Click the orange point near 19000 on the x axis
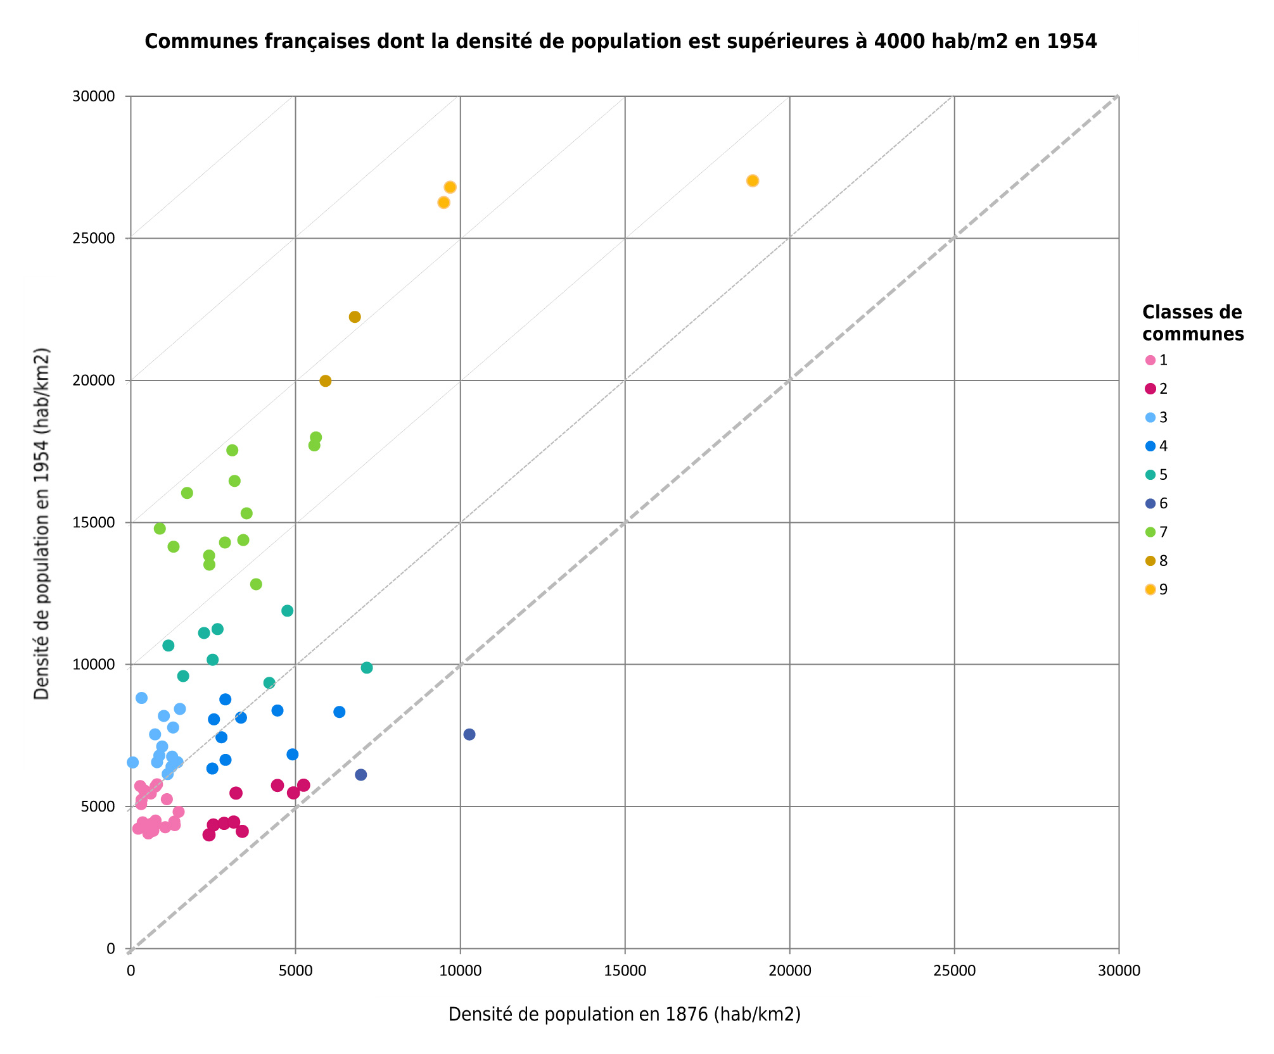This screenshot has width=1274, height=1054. tap(753, 181)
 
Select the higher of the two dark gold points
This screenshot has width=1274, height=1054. tap(355, 317)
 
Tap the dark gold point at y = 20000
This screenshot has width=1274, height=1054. tap(326, 381)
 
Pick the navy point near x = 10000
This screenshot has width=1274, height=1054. tap(469, 734)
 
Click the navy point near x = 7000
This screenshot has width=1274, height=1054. tap(361, 775)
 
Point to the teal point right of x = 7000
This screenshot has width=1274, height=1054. tap(367, 668)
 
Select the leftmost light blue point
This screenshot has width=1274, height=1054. tap(132, 762)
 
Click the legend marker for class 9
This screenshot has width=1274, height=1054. tap(1150, 590)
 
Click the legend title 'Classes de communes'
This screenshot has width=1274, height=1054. tap(1192, 323)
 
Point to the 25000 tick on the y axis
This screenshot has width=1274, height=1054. tap(97, 239)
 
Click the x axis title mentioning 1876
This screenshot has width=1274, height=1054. tap(624, 1014)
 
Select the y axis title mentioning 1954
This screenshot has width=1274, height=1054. tap(42, 523)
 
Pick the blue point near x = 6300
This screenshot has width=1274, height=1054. tap(340, 712)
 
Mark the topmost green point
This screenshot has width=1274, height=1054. tap(316, 437)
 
